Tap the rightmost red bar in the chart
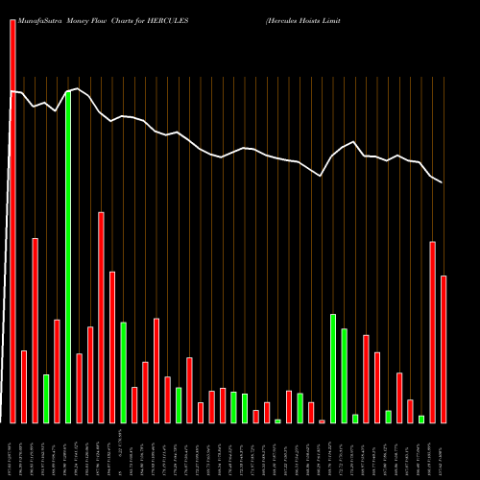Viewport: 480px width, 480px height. (x=444, y=348)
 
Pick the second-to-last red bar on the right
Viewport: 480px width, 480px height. (x=432, y=331)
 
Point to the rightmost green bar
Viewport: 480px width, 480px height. (x=421, y=419)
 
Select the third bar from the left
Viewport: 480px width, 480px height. (x=36, y=330)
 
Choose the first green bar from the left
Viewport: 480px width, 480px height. (x=46, y=398)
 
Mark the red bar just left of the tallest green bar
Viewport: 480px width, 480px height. (x=57, y=371)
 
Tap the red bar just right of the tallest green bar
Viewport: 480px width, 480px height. (x=79, y=388)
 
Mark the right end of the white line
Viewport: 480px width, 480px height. (x=443, y=182)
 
